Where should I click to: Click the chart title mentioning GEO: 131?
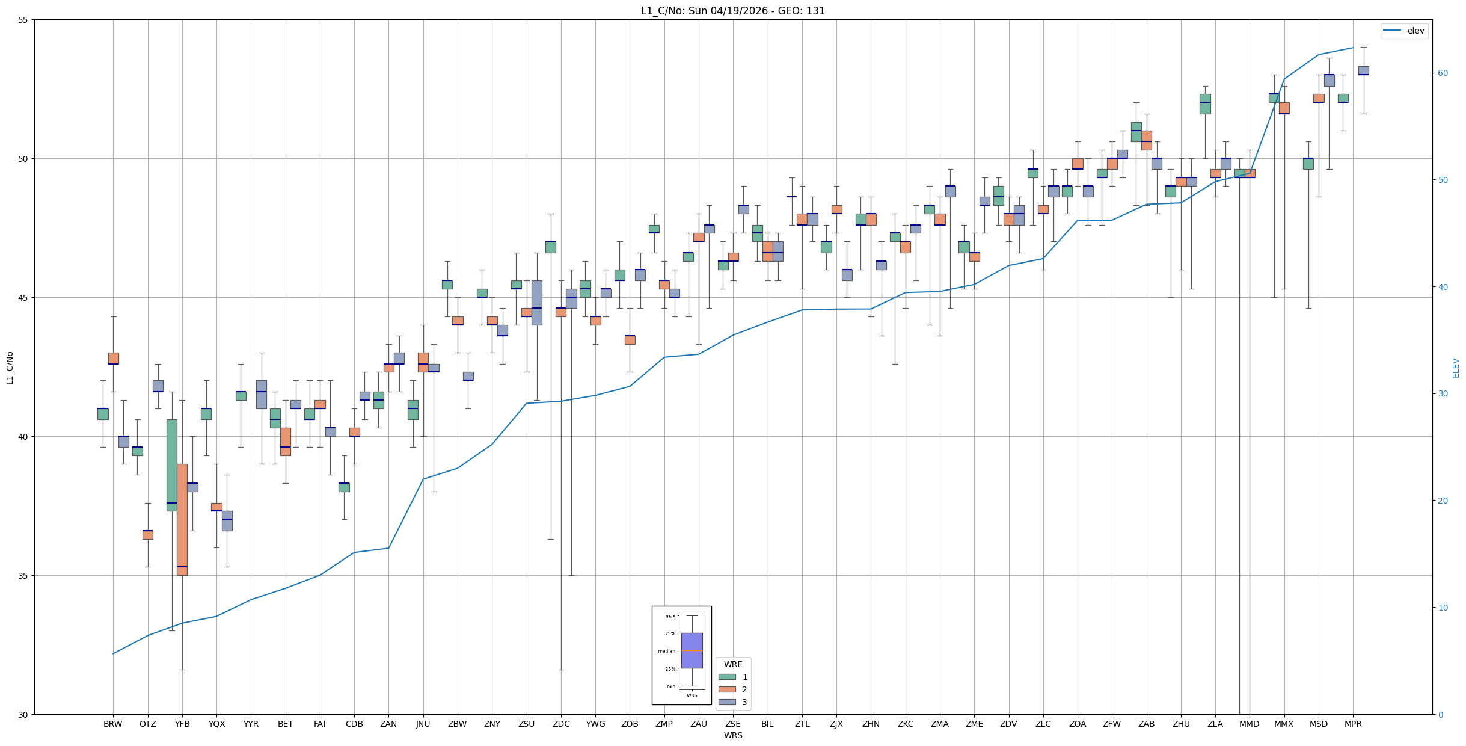[x=732, y=11]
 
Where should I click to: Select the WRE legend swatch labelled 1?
[x=727, y=677]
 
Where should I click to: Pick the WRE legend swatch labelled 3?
[x=727, y=702]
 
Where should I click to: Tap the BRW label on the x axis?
[x=113, y=724]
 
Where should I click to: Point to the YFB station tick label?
[x=182, y=724]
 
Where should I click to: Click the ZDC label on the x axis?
[x=561, y=724]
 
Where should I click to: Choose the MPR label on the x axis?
[x=1353, y=724]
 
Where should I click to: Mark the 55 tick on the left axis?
[x=23, y=20]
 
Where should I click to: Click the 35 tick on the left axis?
[x=23, y=576]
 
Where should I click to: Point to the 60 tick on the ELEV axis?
[x=1443, y=73]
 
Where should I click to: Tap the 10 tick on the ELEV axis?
[x=1443, y=608]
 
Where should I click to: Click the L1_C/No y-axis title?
[x=10, y=368]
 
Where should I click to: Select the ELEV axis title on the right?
[x=1456, y=368]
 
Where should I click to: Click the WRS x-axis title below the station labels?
[x=733, y=735]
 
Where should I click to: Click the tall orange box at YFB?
[x=182, y=519]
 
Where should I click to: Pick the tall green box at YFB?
[x=172, y=465]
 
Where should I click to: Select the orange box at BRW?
[x=114, y=358]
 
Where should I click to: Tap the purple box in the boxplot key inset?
[x=692, y=650]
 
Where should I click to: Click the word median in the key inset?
[x=666, y=651]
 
